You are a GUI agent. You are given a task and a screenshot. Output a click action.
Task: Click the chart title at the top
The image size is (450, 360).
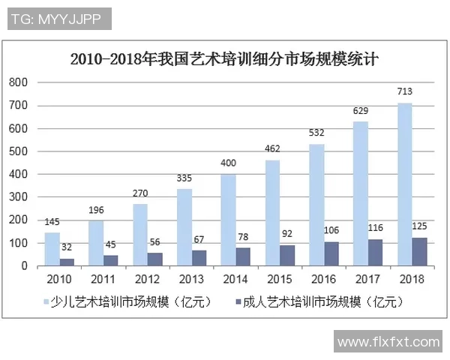pos(226,58)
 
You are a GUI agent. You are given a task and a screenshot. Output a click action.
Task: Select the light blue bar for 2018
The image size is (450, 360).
pos(404,184)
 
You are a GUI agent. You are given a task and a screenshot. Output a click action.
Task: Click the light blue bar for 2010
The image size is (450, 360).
pos(52,249)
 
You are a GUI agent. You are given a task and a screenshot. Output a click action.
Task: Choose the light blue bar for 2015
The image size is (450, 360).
pos(271,213)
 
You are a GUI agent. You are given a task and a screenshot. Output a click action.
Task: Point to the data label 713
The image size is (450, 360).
pos(405,92)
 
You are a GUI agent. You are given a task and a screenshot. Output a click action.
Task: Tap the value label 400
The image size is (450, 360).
pos(229,163)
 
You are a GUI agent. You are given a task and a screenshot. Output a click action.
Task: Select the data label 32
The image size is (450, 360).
pos(67,247)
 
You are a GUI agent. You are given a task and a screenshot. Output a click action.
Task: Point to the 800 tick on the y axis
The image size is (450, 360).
pos(19,82)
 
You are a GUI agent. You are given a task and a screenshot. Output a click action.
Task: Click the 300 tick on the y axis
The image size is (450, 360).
pos(19,197)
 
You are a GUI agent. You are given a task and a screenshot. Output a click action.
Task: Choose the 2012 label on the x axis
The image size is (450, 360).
pos(148,280)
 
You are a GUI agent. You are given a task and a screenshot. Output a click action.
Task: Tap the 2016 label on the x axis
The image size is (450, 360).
pos(324,280)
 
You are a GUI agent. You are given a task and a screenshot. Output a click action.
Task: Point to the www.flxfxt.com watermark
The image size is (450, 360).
pos(388,343)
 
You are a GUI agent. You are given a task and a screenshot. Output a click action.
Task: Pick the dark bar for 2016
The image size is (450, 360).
pos(330,253)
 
